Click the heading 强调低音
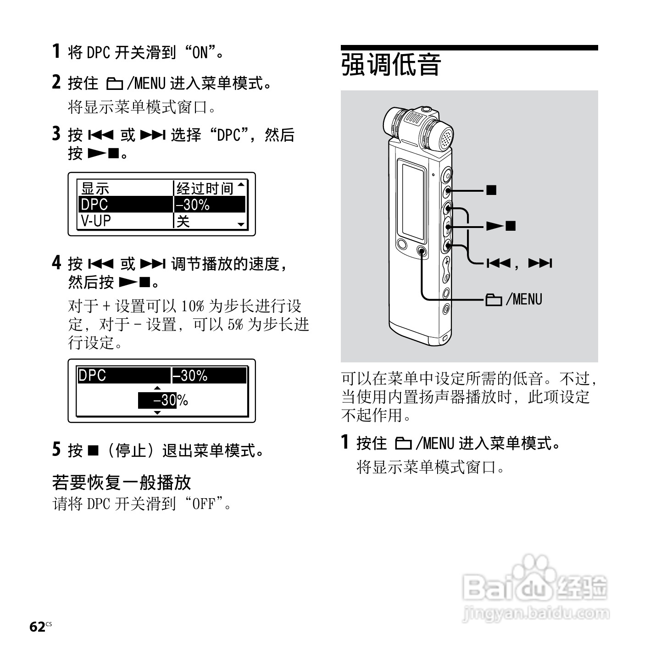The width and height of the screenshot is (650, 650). (x=391, y=65)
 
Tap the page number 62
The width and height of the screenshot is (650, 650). (x=37, y=627)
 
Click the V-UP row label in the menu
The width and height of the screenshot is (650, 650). (x=96, y=221)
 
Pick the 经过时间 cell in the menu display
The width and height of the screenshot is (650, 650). (x=205, y=188)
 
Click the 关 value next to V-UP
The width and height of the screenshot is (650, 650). (x=183, y=222)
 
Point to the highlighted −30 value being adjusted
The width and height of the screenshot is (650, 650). (x=158, y=400)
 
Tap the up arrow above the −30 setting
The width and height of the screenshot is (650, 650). (x=157, y=388)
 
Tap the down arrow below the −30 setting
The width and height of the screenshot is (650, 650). (x=157, y=413)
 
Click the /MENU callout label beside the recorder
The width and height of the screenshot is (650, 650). (x=514, y=300)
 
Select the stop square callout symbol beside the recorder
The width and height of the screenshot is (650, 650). (x=491, y=189)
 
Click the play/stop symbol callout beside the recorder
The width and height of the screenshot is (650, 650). (x=501, y=226)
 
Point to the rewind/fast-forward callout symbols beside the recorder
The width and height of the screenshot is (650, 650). (x=519, y=263)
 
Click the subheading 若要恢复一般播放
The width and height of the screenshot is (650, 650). (x=122, y=482)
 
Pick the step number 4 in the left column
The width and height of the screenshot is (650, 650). (x=56, y=263)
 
